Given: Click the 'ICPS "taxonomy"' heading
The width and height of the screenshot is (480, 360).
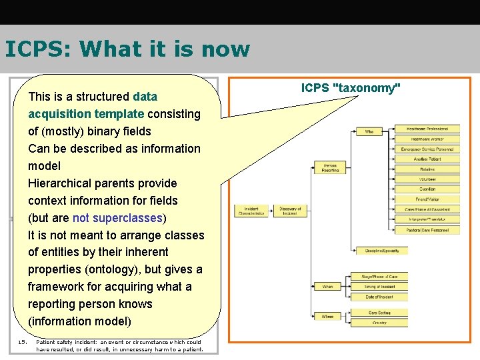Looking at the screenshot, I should point(351,88).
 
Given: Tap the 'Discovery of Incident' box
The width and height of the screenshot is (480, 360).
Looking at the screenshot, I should point(290,211).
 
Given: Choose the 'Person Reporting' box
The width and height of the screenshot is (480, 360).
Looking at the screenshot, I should point(331,167).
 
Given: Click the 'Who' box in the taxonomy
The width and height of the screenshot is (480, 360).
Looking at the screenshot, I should point(369,132).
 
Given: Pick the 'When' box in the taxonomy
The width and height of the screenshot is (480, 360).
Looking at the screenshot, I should point(327,286).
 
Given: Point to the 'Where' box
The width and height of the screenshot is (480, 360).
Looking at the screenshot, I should point(327,316).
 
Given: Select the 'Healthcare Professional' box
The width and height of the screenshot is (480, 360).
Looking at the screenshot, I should point(427,129).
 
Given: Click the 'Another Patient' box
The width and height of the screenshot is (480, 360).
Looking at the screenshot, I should point(427,159).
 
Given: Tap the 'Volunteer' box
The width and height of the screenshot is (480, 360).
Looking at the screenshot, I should point(427,179).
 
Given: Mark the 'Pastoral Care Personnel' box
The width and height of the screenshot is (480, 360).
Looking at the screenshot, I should point(427,230).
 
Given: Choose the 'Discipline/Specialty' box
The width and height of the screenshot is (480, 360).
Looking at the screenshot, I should point(382,251).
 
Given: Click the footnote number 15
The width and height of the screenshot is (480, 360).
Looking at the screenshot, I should point(22,342).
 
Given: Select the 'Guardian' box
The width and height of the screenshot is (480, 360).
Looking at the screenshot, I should point(427,189).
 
